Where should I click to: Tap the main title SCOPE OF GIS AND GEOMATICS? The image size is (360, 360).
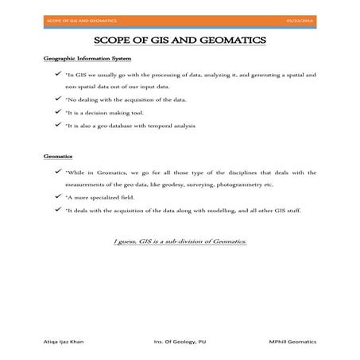click(180, 40)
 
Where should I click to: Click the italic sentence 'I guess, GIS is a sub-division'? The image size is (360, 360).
click(180, 239)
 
